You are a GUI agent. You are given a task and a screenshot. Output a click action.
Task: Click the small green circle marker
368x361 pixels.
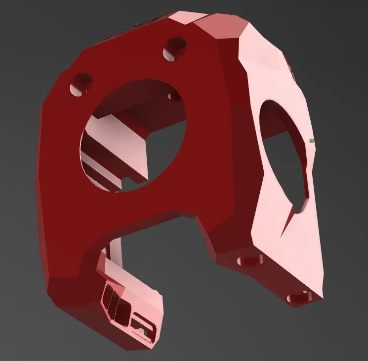[x=311, y=141]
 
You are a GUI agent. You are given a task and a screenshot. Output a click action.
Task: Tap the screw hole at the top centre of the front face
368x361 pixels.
[x=175, y=49]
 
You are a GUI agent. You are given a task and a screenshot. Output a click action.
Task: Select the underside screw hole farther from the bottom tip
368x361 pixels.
[x=250, y=260]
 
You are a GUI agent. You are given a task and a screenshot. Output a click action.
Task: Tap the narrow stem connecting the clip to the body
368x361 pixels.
[x=115, y=248]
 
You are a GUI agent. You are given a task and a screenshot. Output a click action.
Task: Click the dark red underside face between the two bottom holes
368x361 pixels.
[x=272, y=277]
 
